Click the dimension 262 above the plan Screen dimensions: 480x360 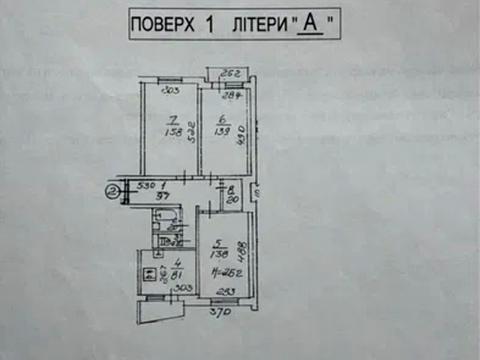233,73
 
